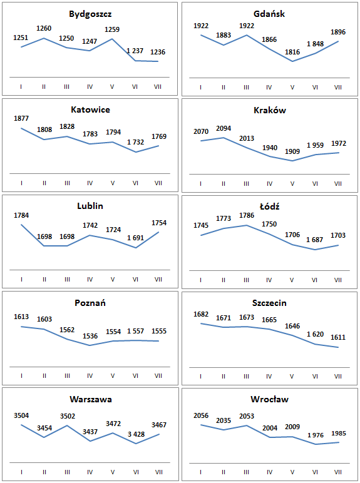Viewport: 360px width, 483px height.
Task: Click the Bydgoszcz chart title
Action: pyautogui.click(x=90, y=14)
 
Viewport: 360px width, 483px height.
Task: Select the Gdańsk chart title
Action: pyautogui.click(x=269, y=14)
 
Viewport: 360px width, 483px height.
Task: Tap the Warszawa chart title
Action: pyautogui.click(x=91, y=400)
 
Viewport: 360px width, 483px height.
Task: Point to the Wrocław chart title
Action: pyautogui.click(x=269, y=400)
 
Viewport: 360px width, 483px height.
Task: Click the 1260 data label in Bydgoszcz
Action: pyautogui.click(x=44, y=28)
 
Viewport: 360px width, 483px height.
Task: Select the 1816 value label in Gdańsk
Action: pyautogui.click(x=292, y=52)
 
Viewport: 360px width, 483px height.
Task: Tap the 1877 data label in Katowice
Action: pyautogui.click(x=21, y=118)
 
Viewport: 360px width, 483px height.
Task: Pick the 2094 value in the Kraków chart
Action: pyautogui.click(x=224, y=128)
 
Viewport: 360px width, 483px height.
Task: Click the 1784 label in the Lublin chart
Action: pyautogui.click(x=21, y=215)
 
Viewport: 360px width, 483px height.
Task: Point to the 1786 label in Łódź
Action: pyautogui.click(x=247, y=215)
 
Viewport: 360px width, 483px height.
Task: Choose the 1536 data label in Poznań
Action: pyautogui.click(x=90, y=336)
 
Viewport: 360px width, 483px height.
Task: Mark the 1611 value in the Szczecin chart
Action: pyautogui.click(x=338, y=337)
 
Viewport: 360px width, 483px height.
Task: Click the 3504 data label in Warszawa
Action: pyautogui.click(x=21, y=415)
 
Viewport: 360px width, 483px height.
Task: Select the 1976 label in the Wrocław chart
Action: pyautogui.click(x=316, y=435)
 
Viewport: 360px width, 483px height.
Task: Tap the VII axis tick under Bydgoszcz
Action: pyautogui.click(x=158, y=87)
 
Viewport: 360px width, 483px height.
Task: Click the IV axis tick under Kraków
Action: pyautogui.click(x=269, y=184)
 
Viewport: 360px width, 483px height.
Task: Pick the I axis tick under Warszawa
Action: pyautogui.click(x=21, y=472)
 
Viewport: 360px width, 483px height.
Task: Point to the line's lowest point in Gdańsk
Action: pyautogui.click(x=292, y=61)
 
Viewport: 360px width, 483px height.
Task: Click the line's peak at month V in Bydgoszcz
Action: pyautogui.click(x=112, y=39)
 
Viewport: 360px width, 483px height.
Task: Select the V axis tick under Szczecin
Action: pyautogui.click(x=292, y=377)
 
